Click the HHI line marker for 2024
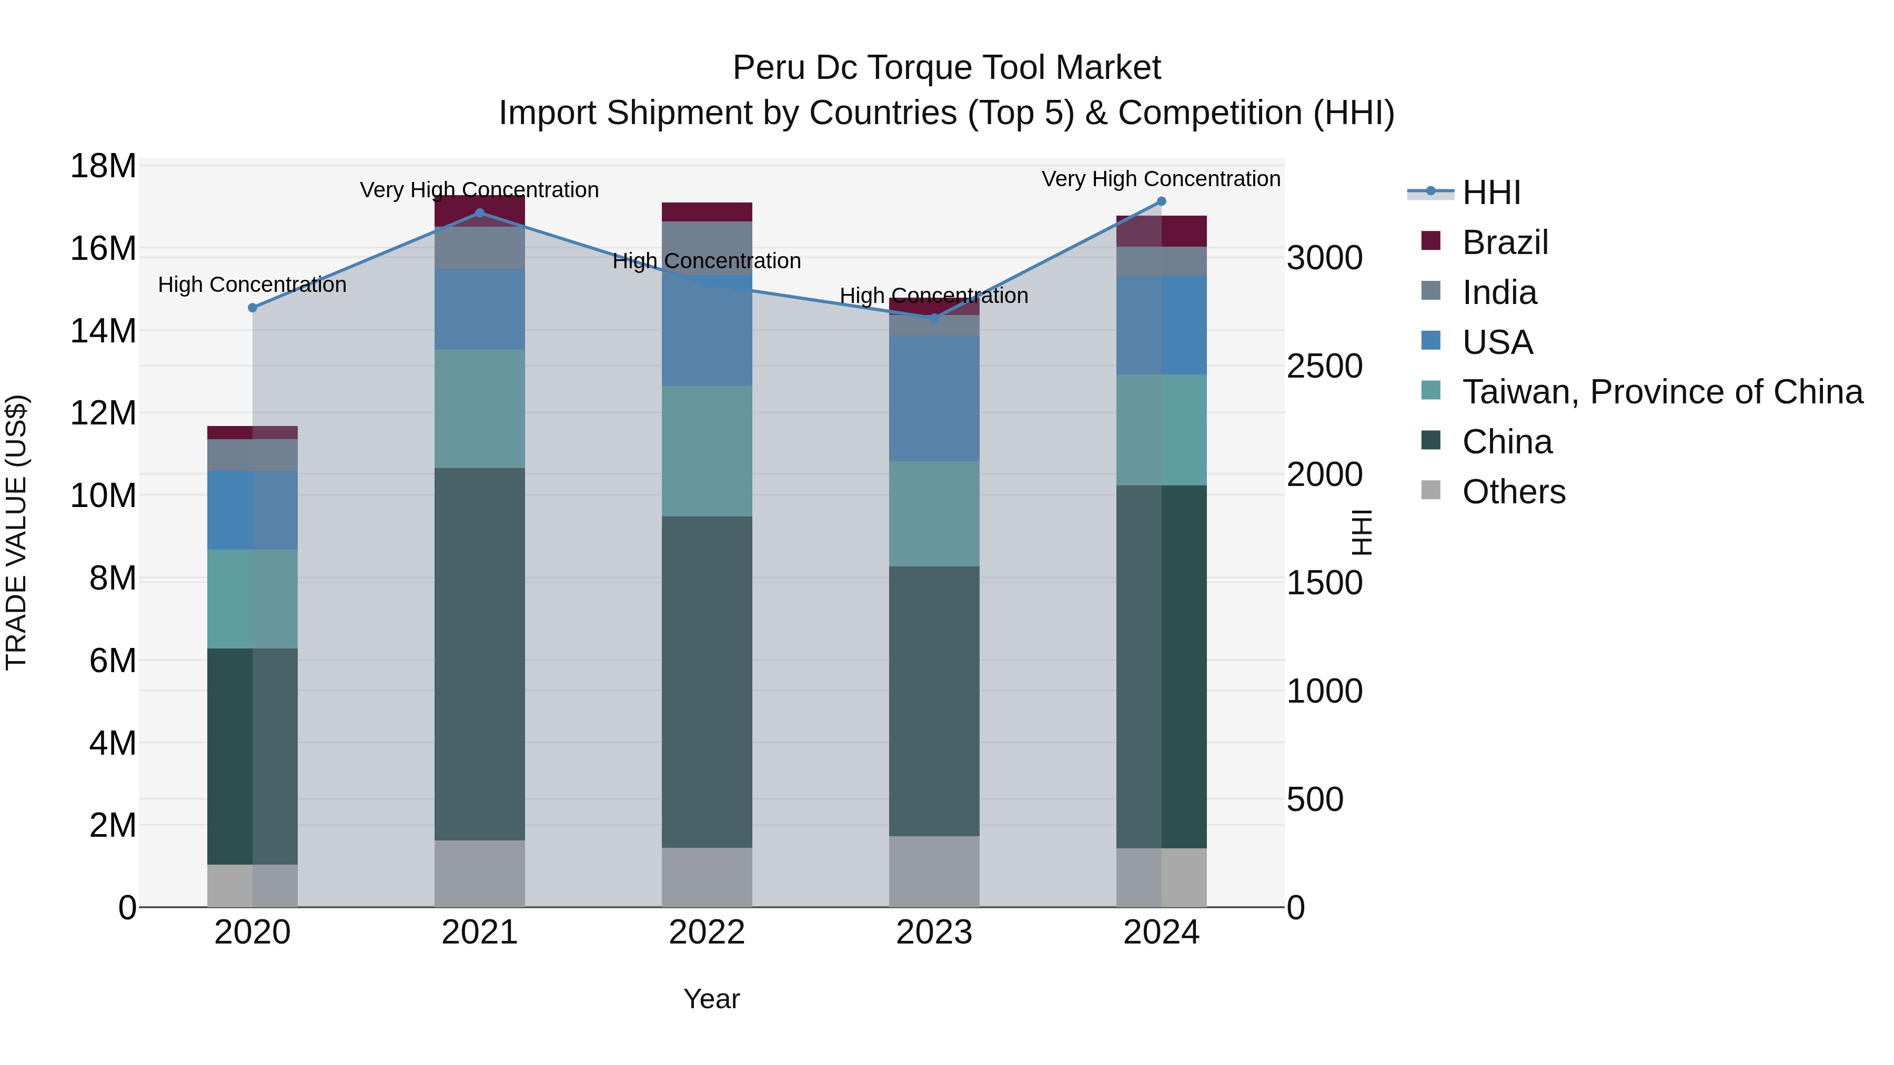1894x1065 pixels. [x=1161, y=201]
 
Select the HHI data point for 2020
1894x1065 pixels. [x=252, y=307]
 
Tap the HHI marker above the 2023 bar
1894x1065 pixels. [x=934, y=318]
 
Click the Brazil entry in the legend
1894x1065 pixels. [x=1504, y=242]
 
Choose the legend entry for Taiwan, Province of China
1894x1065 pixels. [x=1661, y=392]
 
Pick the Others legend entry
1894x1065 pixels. [x=1513, y=492]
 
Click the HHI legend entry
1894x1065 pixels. [x=1490, y=192]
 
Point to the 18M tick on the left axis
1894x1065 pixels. [x=103, y=166]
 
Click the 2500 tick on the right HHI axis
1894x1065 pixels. [x=1324, y=366]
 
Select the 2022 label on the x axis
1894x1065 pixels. [x=707, y=932]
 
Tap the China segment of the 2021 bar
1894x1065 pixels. [x=479, y=654]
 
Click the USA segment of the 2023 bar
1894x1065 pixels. [x=934, y=398]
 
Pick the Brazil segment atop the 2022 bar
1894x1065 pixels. [x=707, y=211]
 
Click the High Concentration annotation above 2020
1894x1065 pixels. [x=252, y=285]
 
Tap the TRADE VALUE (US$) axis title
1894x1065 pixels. [x=16, y=532]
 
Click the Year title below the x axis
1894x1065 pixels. [x=711, y=999]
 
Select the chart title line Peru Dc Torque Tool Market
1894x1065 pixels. [x=946, y=68]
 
